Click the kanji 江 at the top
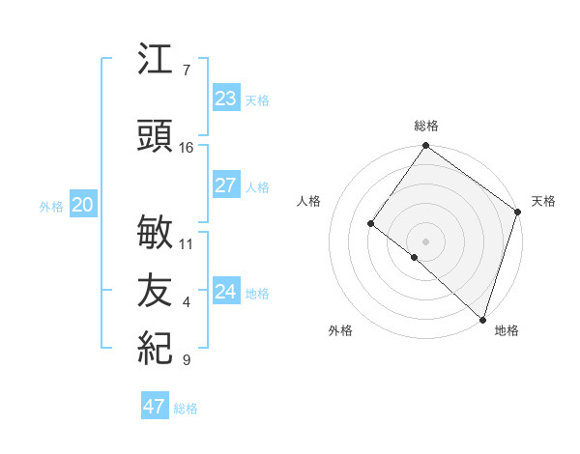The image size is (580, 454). click(x=156, y=61)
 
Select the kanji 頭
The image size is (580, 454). click(x=156, y=138)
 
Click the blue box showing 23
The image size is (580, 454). click(x=225, y=99)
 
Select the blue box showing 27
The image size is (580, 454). click(x=225, y=185)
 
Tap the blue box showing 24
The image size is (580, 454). click(x=225, y=292)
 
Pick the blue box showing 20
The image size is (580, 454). click(x=82, y=205)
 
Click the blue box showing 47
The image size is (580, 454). click(x=155, y=407)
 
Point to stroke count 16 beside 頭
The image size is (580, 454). click(x=187, y=148)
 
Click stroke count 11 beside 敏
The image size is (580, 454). click(x=187, y=243)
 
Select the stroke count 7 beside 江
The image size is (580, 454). click(x=186, y=71)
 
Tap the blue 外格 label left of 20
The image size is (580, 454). click(x=51, y=207)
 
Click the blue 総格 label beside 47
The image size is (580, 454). click(x=186, y=409)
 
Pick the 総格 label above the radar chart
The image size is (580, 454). click(x=426, y=126)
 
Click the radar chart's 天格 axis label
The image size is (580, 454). click(x=543, y=201)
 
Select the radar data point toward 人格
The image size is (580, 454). click(x=370, y=224)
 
